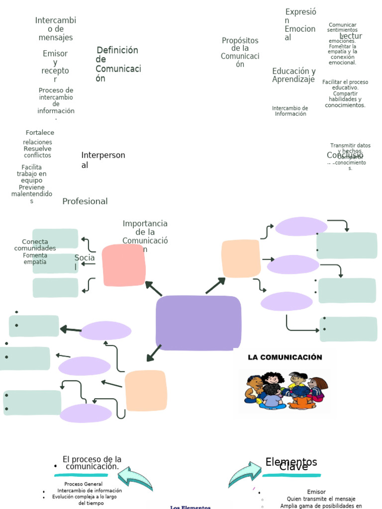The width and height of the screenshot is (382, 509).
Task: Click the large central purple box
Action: pyautogui.click(x=198, y=323)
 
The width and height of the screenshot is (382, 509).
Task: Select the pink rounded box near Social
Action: pyautogui.click(x=123, y=265)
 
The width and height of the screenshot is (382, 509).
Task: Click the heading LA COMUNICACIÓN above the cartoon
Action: pyautogui.click(x=285, y=357)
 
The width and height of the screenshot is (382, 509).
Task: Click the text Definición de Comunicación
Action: pyautogui.click(x=117, y=64)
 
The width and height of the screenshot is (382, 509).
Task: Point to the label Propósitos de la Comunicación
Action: pyautogui.click(x=240, y=52)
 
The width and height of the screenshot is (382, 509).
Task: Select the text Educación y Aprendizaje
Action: pyautogui.click(x=293, y=75)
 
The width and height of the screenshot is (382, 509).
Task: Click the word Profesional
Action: pyautogui.click(x=85, y=201)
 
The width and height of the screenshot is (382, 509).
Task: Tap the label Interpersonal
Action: pyautogui.click(x=103, y=160)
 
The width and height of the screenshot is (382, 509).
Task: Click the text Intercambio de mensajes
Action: pyautogui.click(x=56, y=29)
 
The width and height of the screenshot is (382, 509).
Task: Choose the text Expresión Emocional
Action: pyautogui.click(x=300, y=24)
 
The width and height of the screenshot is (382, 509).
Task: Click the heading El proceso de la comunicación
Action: pyautogui.click(x=92, y=463)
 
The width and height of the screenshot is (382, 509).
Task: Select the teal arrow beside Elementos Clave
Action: pyautogui.click(x=244, y=475)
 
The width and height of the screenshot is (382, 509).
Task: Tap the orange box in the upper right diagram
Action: pyautogui.click(x=241, y=258)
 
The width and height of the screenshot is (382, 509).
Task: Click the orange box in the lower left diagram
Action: pyautogui.click(x=145, y=391)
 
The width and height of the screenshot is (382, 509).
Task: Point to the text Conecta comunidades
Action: pyautogui.click(x=35, y=245)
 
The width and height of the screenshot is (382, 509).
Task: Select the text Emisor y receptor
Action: pyautogui.click(x=55, y=67)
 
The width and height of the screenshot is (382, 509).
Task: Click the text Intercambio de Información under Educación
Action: pyautogui.click(x=290, y=111)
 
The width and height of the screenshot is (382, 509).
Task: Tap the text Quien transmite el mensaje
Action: pyautogui.click(x=321, y=499)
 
